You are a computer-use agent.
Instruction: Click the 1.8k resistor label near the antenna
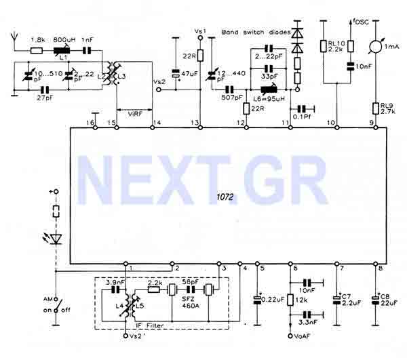39,40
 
